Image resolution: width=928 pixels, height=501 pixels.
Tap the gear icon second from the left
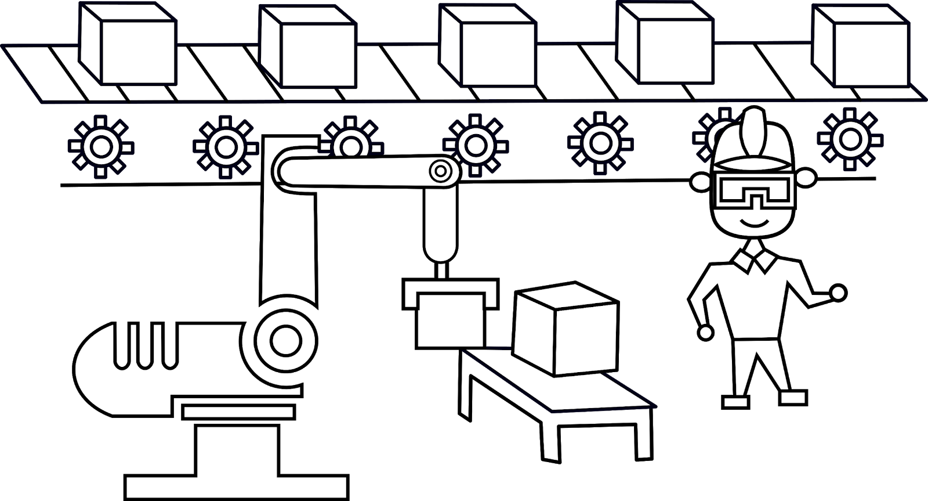point(226,147)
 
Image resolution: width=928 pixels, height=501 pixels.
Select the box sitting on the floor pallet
point(565,331)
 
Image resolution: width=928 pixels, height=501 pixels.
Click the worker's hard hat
point(753,139)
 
